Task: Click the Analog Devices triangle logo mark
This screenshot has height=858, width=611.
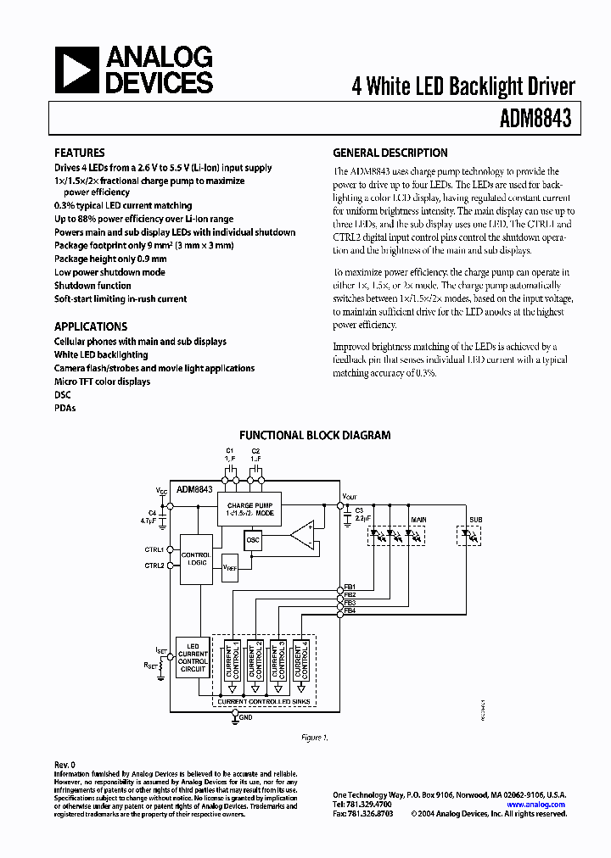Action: coord(78,69)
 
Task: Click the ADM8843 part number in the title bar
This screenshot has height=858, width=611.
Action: coord(535,120)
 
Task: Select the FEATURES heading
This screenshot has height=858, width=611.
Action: coord(80,153)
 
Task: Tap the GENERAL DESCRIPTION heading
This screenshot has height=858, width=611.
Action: coord(390,153)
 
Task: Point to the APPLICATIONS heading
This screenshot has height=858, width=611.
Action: coord(91,326)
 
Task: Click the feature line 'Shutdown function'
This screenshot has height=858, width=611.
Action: coord(92,286)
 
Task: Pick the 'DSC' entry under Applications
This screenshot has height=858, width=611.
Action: coord(63,395)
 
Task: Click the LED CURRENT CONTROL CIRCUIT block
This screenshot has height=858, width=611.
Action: coord(193,658)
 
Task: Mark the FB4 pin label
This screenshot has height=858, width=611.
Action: coord(350,610)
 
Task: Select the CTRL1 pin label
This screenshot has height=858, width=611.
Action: coord(154,549)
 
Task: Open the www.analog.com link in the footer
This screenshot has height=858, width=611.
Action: coord(536,805)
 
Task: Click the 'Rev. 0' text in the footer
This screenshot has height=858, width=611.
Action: coord(64,765)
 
